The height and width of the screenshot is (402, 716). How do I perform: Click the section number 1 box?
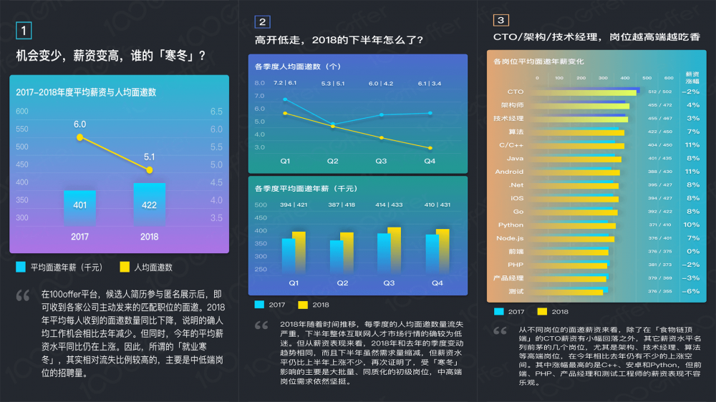[24, 31]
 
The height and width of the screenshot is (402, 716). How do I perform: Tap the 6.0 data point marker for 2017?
[79, 137]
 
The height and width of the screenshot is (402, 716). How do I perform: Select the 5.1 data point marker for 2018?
[150, 170]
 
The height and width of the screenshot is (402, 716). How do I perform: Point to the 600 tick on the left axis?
[22, 112]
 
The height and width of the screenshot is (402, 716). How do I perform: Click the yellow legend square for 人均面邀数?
[125, 267]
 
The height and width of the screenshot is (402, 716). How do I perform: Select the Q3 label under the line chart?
[381, 162]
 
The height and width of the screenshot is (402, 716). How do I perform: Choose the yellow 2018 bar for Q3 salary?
[394, 250]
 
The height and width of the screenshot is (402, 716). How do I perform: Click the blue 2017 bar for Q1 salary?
[288, 256]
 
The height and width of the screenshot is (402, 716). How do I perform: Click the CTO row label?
[515, 92]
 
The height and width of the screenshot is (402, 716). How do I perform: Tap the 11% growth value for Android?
[692, 172]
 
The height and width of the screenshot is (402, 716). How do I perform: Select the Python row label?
[511, 225]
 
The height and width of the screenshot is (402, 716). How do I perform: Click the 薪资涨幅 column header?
[692, 77]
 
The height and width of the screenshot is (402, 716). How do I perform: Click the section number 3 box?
[501, 21]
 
